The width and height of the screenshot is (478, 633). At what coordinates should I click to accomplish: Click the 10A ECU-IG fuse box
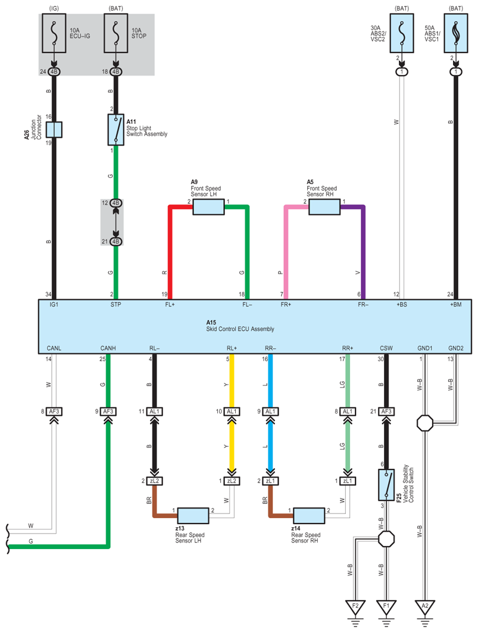[x=54, y=33]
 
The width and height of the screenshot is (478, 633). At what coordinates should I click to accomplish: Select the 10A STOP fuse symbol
[x=116, y=33]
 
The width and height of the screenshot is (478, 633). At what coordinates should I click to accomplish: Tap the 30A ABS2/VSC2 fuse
[x=402, y=33]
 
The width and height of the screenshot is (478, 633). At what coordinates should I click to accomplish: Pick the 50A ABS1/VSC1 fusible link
[x=456, y=33]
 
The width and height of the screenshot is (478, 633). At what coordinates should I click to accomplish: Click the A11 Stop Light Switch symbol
[x=116, y=130]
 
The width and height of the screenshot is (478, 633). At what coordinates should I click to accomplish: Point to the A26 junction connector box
[x=54, y=130]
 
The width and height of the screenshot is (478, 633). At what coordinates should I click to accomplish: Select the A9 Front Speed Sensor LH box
[x=208, y=206]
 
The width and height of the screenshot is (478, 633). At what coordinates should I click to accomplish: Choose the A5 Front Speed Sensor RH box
[x=324, y=206]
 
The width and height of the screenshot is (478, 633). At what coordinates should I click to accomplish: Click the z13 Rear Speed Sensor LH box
[x=193, y=516]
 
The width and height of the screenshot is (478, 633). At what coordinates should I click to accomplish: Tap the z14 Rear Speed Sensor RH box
[x=309, y=516]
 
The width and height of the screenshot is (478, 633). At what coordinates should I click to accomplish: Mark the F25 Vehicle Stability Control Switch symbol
[x=386, y=484]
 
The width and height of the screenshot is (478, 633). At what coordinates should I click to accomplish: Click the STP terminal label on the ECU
[x=115, y=305]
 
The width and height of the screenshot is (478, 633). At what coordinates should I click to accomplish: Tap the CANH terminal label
[x=108, y=348]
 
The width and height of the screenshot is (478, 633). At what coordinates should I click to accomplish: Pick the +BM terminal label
[x=456, y=305]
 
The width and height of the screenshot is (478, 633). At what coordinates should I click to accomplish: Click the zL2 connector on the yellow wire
[x=232, y=481]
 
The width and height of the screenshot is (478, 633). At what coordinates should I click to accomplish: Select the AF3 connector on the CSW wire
[x=386, y=411]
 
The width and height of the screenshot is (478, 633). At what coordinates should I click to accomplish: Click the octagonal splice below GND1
[x=424, y=423]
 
